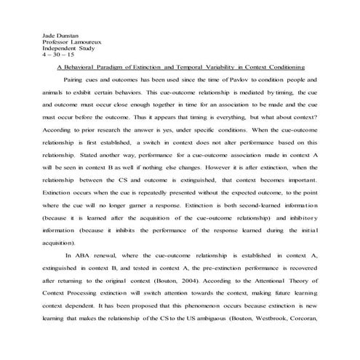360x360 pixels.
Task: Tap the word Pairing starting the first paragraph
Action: (x=75, y=79)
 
